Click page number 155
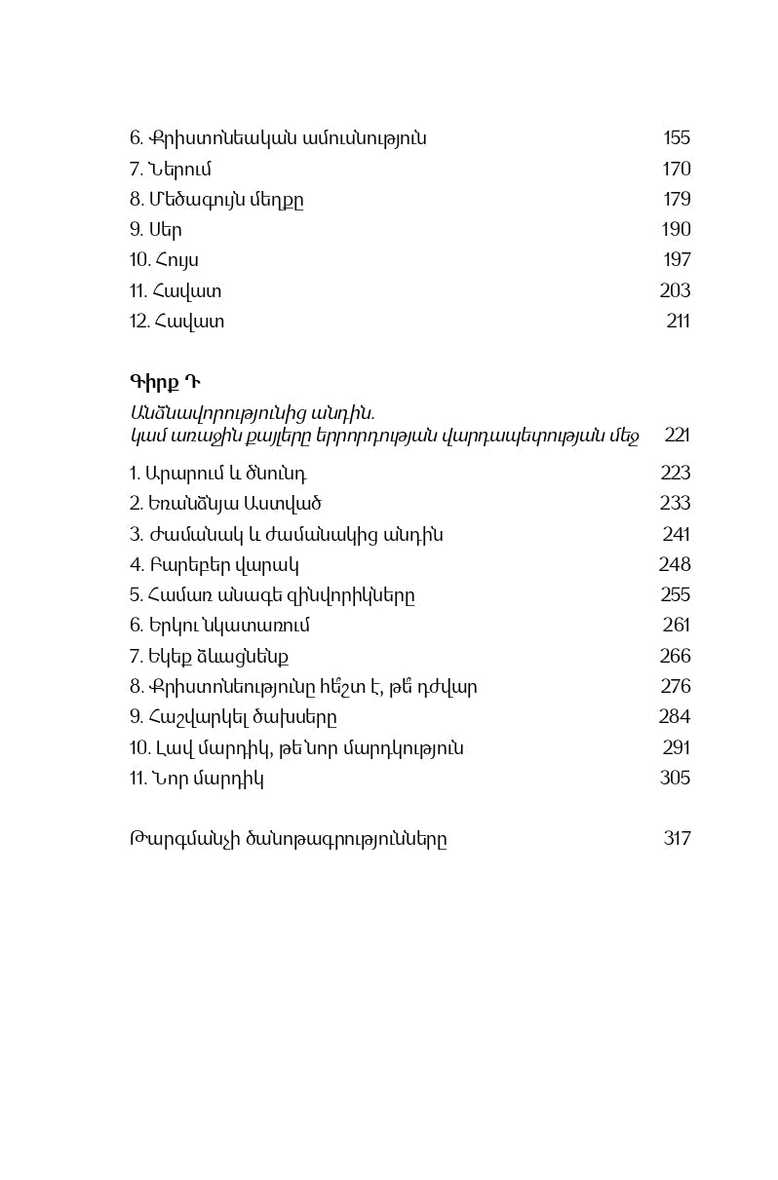tap(676, 138)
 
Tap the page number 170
tap(676, 170)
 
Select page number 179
tap(676, 200)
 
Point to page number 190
tap(676, 230)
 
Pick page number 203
tap(675, 290)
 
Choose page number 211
tap(678, 321)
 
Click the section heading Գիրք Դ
tap(165, 380)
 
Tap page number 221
tap(677, 435)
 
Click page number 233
tap(675, 504)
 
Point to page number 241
tap(676, 534)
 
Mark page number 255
tap(675, 595)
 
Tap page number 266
tap(675, 656)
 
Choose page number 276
tap(675, 687)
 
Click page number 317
tap(677, 838)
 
